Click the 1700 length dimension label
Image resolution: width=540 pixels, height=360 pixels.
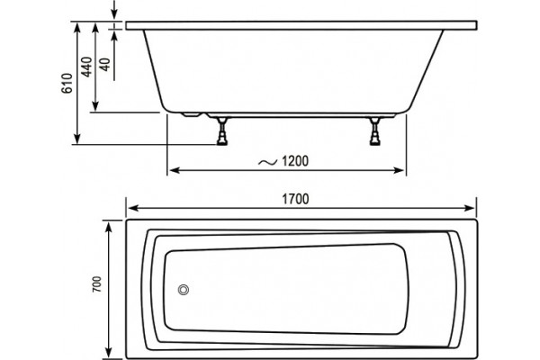pyautogui.click(x=295, y=199)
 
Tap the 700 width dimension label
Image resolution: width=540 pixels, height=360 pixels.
pyautogui.click(x=97, y=284)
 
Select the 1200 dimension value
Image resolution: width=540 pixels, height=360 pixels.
pyautogui.click(x=295, y=161)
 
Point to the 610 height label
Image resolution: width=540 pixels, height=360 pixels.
pyautogui.click(x=67, y=84)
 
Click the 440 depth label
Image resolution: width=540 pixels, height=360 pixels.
pyautogui.click(x=86, y=67)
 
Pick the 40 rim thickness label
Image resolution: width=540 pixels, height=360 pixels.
pyautogui.click(x=105, y=65)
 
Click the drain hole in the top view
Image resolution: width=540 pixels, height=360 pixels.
pyautogui.click(x=184, y=290)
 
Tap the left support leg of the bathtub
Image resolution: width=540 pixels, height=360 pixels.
pyautogui.click(x=222, y=131)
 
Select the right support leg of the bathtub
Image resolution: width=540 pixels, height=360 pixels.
pyautogui.click(x=374, y=131)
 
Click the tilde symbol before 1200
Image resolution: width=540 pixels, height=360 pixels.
pyautogui.click(x=267, y=162)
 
